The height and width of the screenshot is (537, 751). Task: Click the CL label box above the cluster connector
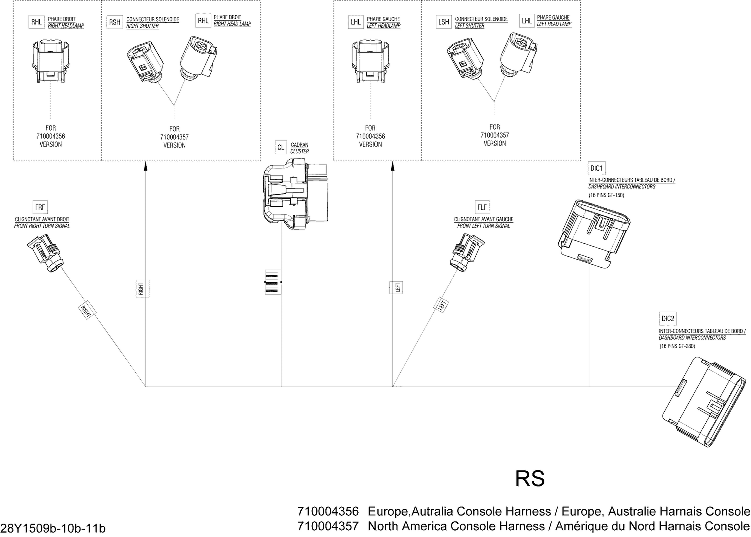[281, 148]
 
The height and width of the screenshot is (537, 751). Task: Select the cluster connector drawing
[294, 193]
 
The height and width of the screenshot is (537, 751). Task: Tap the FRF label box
[40, 207]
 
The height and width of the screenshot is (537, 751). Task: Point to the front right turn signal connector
[46, 254]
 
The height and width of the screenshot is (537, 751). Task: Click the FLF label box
[482, 207]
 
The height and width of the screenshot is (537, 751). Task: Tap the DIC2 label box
[668, 318]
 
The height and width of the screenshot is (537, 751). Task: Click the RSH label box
[114, 22]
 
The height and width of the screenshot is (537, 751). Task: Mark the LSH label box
[443, 22]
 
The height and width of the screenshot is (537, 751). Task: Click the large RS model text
[530, 479]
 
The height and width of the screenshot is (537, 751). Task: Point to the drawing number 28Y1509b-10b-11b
[53, 528]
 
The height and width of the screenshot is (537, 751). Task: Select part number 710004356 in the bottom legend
[328, 511]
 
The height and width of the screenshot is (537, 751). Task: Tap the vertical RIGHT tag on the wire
[141, 289]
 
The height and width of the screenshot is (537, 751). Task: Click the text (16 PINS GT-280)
[677, 346]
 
